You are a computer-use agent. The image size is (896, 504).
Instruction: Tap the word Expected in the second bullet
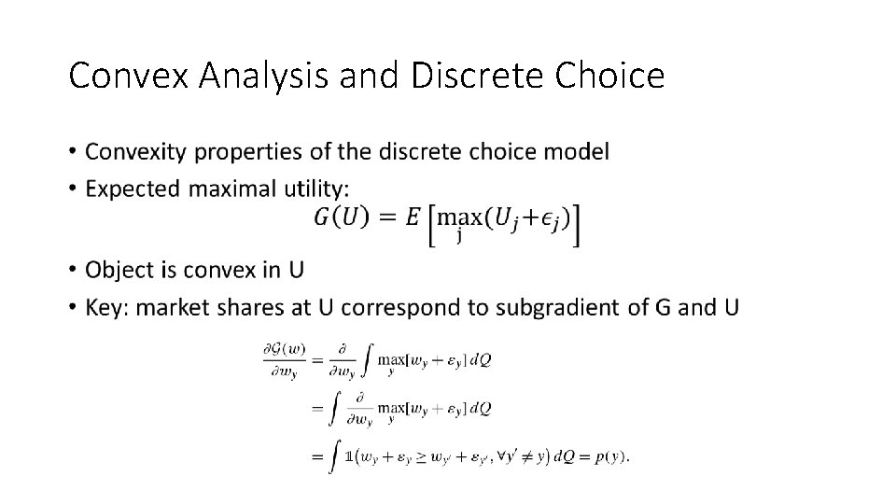[133, 188]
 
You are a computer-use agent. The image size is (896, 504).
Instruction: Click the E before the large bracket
[413, 217]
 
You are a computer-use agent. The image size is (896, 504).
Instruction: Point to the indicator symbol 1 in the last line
[348, 456]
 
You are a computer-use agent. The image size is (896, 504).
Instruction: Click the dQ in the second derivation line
[481, 408]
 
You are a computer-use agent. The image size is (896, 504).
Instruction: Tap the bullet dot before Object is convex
[73, 271]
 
